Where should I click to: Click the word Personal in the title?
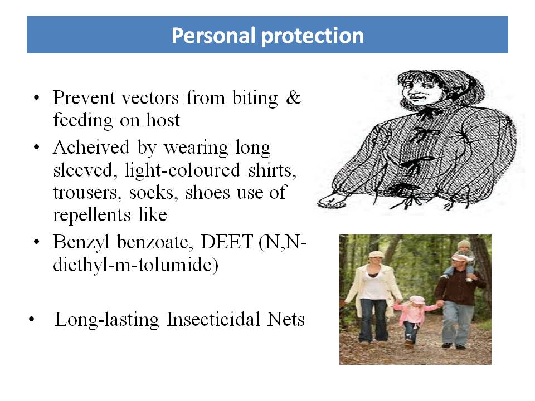click(x=213, y=35)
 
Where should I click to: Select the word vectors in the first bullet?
click(x=150, y=98)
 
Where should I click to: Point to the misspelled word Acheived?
click(x=91, y=148)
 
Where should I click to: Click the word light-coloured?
click(x=183, y=170)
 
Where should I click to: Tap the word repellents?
click(x=92, y=216)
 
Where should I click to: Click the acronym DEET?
click(x=226, y=242)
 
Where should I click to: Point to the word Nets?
click(x=286, y=320)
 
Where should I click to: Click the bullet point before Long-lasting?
click(x=32, y=320)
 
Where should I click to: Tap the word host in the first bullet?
click(x=163, y=120)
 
